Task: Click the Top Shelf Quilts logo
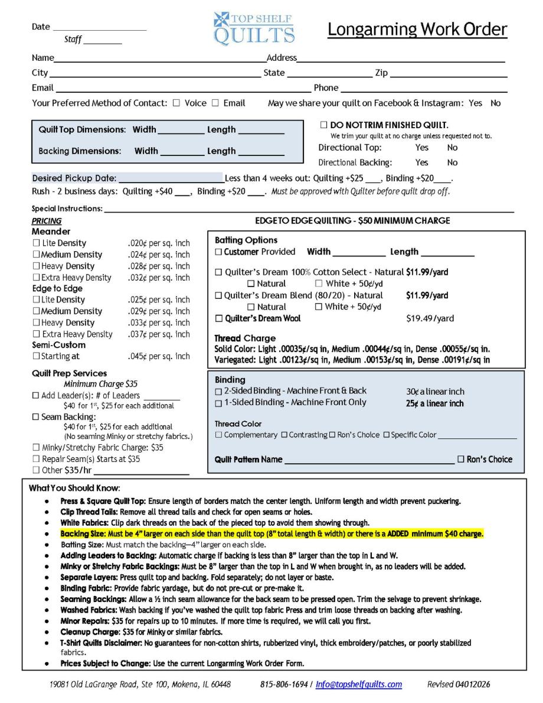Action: pos(254,28)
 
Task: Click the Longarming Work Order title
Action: pos(417,30)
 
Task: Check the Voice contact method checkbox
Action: pos(176,103)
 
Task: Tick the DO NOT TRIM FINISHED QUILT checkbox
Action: pos(323,125)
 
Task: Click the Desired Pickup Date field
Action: pos(170,178)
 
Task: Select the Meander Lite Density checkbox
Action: pos(36,243)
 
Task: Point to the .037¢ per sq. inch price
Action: pos(159,334)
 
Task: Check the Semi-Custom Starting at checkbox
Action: pos(36,356)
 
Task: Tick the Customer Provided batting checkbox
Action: pos(218,252)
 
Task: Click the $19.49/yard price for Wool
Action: pos(430,318)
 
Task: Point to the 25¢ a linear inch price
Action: pos(435,403)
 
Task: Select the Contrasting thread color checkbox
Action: pos(284,435)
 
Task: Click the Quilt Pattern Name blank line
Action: pos(369,460)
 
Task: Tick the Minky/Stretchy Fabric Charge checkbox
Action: pos(36,448)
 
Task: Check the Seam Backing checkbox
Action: pos(36,417)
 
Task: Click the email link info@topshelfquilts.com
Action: pos(359,685)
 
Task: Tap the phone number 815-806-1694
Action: pos(284,685)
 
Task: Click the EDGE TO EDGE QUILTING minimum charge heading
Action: pos(352,221)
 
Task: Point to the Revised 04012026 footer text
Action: pos(458,685)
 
